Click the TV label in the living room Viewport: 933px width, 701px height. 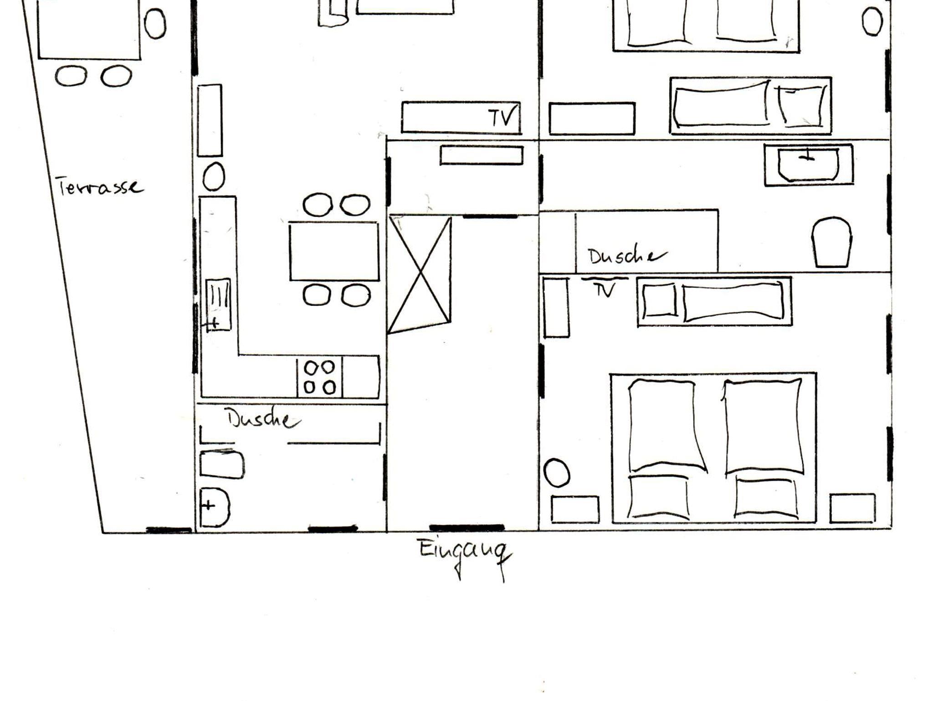click(503, 117)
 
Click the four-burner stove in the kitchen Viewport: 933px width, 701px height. click(319, 377)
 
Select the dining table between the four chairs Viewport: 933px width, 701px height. click(334, 251)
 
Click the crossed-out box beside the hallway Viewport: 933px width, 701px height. click(419, 274)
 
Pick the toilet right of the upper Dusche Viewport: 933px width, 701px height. click(832, 242)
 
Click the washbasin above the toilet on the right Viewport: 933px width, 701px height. click(809, 165)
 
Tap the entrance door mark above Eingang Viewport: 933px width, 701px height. click(467, 528)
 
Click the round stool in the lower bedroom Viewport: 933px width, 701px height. click(557, 473)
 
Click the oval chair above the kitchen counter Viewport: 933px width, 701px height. click(213, 177)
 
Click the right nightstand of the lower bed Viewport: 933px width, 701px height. click(852, 508)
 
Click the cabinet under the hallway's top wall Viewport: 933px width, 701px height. click(482, 155)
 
